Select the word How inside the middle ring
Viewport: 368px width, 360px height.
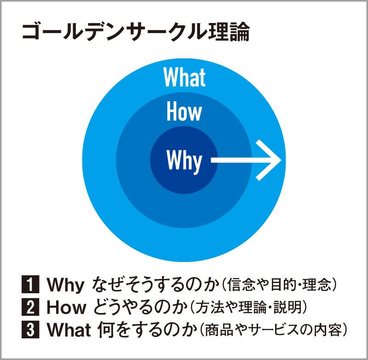pyautogui.click(x=184, y=112)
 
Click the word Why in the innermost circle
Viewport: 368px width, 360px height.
pyautogui.click(x=184, y=161)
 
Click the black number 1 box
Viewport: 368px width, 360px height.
pyautogui.click(x=30, y=285)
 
